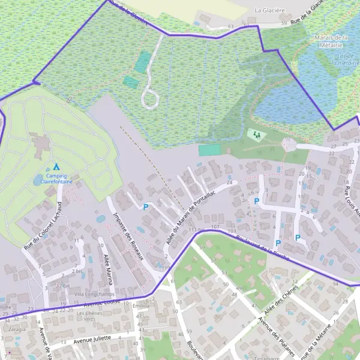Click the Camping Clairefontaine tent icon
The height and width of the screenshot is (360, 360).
click(x=56, y=166)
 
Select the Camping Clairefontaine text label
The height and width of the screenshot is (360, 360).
click(x=53, y=178)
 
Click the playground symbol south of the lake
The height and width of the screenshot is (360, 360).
click(x=257, y=134)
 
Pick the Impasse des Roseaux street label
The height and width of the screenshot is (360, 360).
click(x=127, y=236)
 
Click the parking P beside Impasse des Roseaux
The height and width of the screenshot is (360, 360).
click(x=145, y=207)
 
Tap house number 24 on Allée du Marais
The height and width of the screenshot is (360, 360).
click(x=229, y=182)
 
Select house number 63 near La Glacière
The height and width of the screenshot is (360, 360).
click(x=231, y=27)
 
